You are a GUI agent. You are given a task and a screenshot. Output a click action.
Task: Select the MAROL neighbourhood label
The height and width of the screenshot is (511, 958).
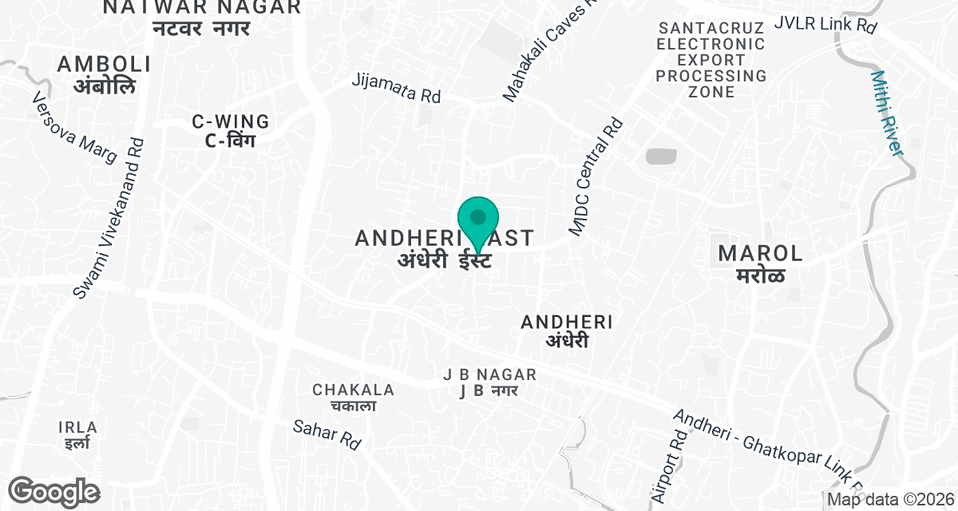[761, 263]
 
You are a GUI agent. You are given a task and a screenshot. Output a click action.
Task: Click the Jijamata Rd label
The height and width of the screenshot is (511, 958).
[397, 89]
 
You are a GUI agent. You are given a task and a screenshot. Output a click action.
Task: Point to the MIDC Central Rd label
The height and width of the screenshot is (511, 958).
[596, 177]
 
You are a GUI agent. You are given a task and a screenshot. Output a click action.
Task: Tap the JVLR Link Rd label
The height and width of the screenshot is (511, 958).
[825, 24]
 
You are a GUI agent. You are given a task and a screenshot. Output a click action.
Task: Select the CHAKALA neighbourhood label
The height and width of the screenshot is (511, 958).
[354, 397]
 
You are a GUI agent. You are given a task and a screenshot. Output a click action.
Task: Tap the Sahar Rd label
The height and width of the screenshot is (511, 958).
[327, 434]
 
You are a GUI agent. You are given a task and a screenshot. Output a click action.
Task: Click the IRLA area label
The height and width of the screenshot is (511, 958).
[78, 435]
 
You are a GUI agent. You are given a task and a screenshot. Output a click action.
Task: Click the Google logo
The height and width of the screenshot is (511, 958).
[54, 490]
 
